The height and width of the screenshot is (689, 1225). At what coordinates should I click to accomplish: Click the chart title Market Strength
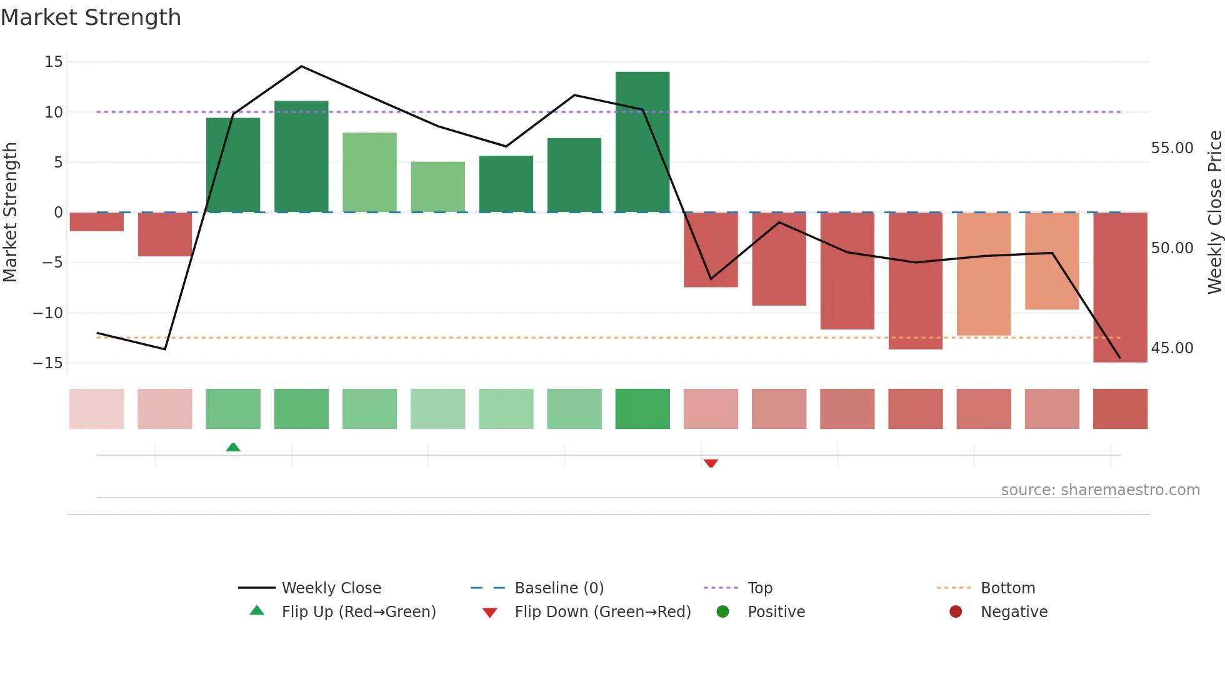point(91,18)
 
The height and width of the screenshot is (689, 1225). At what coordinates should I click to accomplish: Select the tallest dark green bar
point(642,143)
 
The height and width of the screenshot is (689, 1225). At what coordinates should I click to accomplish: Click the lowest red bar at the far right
point(1119,288)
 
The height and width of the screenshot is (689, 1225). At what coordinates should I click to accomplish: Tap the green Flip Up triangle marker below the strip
point(233,447)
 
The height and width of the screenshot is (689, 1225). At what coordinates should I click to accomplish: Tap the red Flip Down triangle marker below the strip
point(711,463)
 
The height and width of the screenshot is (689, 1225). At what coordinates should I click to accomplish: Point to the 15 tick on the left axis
point(54,62)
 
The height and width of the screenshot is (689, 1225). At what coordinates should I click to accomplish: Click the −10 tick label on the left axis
point(48,313)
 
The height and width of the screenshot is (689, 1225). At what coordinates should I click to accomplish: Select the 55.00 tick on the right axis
point(1172,148)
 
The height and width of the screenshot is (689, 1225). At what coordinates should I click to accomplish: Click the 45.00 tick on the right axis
point(1172,348)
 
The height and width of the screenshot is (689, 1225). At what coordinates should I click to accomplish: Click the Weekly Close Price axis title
point(1214,213)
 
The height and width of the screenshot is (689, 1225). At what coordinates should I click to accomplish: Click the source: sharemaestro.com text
point(1100,490)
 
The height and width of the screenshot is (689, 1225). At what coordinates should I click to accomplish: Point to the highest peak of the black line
point(301,66)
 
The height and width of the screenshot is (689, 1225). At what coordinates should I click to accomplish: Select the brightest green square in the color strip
point(642,409)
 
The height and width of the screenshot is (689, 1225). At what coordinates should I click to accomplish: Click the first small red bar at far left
point(96,222)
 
